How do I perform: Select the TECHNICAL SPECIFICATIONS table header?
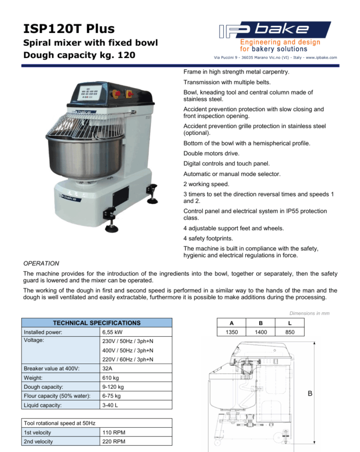pos(97,323)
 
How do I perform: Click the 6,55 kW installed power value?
pos(113,332)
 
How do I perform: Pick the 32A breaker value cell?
pos(107,368)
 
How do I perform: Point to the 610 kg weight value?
pos(111,378)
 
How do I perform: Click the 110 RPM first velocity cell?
pos(114,432)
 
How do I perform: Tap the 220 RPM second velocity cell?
pos(114,441)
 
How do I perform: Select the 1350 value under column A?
pos(232,332)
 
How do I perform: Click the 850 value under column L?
pos(290,332)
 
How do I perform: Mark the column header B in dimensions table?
pos(261,323)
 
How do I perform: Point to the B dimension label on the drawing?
pos(310,394)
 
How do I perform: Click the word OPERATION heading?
pos(42,263)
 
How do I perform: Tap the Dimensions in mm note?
pos(310,313)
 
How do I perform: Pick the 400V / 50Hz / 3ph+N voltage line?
pos(127,350)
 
